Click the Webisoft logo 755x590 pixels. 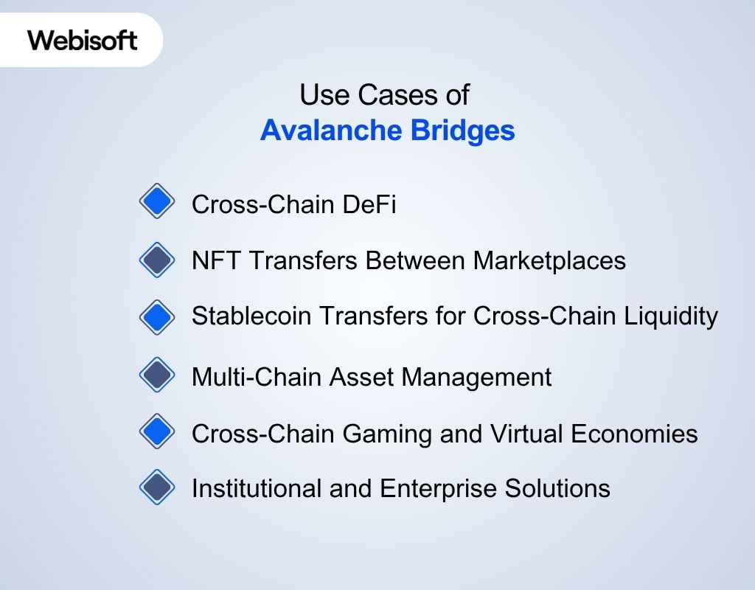point(83,40)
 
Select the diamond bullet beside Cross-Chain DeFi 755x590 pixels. point(157,201)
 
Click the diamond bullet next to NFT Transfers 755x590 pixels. point(157,260)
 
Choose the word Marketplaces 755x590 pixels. point(549,260)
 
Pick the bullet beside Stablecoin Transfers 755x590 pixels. point(157,317)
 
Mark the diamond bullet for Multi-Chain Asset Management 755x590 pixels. point(157,375)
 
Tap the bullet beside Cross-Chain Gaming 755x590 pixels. point(157,431)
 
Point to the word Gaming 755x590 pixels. point(381,434)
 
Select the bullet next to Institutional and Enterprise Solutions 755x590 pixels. point(157,487)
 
